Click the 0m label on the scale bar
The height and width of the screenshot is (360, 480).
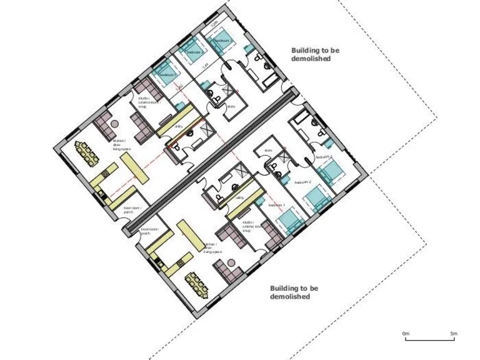(405, 334)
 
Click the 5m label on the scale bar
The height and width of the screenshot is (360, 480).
(453, 334)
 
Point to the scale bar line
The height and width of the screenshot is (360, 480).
(429, 340)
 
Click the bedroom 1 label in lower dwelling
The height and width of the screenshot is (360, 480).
(276, 205)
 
